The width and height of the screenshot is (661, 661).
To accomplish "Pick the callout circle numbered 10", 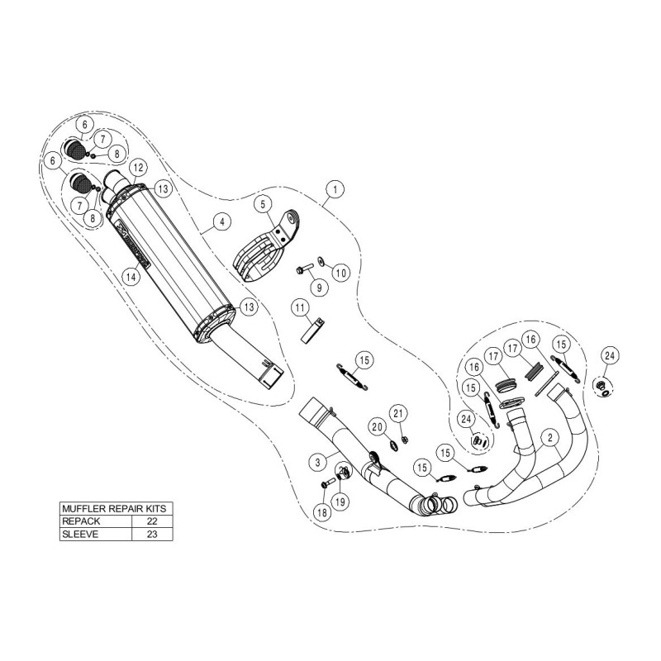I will (x=340, y=273).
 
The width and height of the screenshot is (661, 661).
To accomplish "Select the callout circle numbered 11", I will (x=298, y=310).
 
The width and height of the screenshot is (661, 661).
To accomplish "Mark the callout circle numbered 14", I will (x=129, y=278).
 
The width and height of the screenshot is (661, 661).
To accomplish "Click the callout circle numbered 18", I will (x=321, y=512).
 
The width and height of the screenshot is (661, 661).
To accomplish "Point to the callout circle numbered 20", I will (x=378, y=426).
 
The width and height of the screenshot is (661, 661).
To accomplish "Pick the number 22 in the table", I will (x=151, y=521).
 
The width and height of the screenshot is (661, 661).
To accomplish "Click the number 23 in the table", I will (x=151, y=535).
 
